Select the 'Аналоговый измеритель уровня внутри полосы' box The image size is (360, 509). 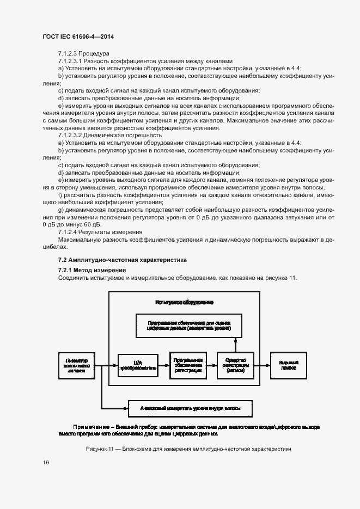[x=189, y=408]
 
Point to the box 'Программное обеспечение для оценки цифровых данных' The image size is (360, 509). [x=189, y=326]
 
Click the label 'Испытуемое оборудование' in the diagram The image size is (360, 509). [x=184, y=302]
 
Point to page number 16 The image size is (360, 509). [x=46, y=462]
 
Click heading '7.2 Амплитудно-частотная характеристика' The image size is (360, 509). [x=122, y=260]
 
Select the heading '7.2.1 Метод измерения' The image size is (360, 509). [x=92, y=270]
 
